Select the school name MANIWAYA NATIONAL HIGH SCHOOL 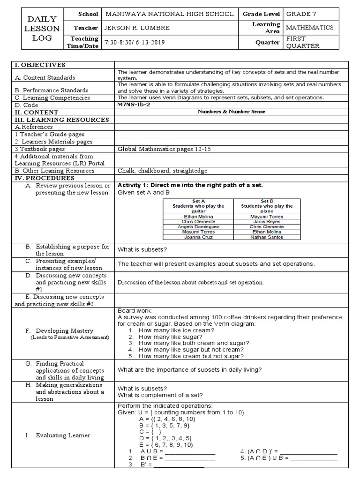pos(170,14)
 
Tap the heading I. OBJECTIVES pos(41,65)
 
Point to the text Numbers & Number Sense pos(231,112)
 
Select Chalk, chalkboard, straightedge pos(162,171)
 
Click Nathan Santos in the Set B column pos(267,237)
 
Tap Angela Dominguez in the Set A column pos(198,227)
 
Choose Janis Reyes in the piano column pos(267,222)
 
